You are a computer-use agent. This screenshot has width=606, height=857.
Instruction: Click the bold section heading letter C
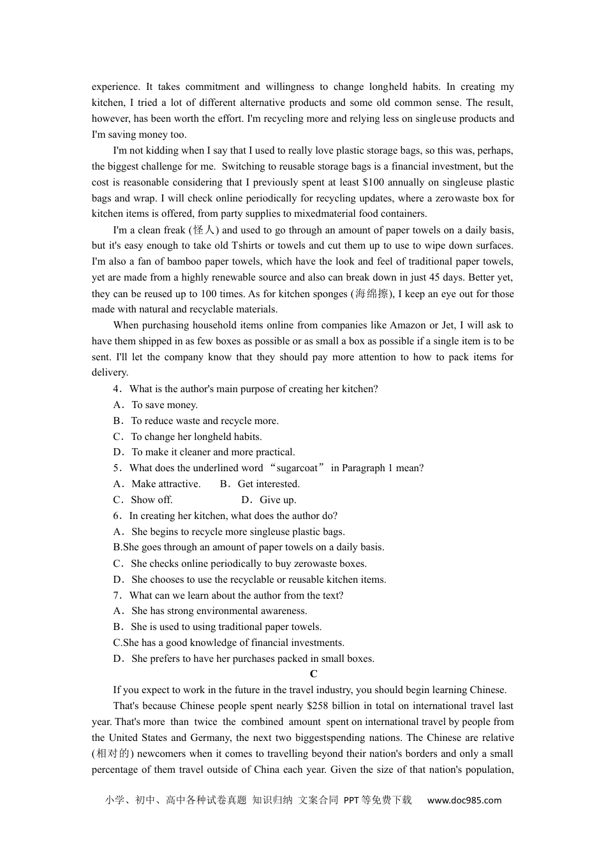tap(313, 674)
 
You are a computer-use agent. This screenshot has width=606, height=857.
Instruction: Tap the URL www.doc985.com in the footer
tap(464, 800)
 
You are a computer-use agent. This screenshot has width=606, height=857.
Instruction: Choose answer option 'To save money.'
tap(165, 405)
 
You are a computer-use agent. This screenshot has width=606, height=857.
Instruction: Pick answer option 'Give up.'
tap(277, 500)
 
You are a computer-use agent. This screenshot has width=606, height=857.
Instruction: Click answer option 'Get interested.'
tap(269, 484)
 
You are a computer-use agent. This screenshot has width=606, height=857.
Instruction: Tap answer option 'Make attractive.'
tap(166, 484)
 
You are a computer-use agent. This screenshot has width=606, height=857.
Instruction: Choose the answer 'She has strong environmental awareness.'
tap(219, 611)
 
